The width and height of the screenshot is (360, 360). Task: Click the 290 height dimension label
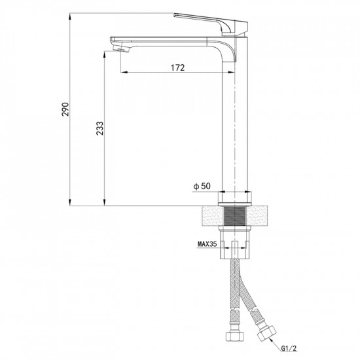pyautogui.click(x=65, y=109)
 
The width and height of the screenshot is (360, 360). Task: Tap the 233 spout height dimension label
pyautogui.click(x=100, y=128)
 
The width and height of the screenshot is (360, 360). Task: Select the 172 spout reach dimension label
pyautogui.click(x=177, y=67)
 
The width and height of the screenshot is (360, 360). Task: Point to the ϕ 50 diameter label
pyautogui.click(x=202, y=186)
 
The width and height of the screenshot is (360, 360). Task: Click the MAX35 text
pyautogui.click(x=207, y=244)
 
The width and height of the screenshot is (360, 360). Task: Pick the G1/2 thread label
pyautogui.click(x=289, y=348)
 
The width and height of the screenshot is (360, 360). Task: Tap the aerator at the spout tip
pyautogui.click(x=122, y=48)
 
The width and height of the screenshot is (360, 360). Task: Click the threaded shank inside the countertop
pyautogui.click(x=234, y=216)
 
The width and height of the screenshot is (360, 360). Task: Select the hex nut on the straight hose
pyautogui.click(x=234, y=336)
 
